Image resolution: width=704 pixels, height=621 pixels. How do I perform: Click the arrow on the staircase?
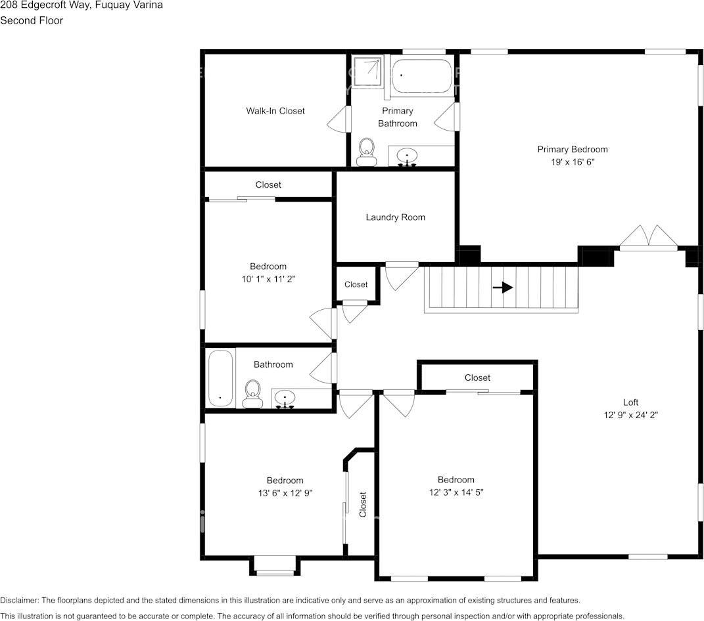click(x=503, y=288)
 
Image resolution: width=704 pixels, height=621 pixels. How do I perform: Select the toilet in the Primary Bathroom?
click(x=366, y=152)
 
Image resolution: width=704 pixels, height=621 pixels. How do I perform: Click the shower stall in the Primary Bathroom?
click(x=367, y=74)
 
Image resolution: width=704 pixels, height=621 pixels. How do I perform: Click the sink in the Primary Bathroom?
click(x=408, y=157)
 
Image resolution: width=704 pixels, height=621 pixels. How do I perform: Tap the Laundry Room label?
click(x=395, y=217)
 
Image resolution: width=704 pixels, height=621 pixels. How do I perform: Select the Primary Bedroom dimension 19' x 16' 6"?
click(x=572, y=161)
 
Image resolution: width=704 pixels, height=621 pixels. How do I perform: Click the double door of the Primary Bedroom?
click(x=649, y=238)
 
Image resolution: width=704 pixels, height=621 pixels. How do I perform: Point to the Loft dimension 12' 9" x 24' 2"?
click(x=630, y=415)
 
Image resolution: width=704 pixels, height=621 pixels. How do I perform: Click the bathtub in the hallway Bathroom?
click(x=220, y=378)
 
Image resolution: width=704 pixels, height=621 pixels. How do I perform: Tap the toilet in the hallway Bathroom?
click(x=252, y=394)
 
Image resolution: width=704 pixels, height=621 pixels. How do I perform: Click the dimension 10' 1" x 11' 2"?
click(x=268, y=279)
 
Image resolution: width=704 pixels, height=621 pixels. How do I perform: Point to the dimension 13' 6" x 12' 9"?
click(x=285, y=492)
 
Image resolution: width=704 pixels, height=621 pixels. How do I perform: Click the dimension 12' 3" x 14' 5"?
click(x=456, y=492)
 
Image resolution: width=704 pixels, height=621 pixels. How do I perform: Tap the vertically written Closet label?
click(x=362, y=505)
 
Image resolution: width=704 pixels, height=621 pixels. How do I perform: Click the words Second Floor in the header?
click(x=32, y=20)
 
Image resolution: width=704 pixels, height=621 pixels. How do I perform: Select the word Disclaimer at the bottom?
click(x=20, y=600)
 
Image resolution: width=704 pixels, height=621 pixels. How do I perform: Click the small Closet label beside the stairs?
click(x=356, y=284)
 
